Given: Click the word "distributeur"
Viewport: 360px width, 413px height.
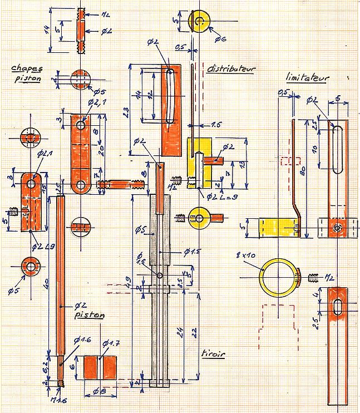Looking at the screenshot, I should tap(231, 70).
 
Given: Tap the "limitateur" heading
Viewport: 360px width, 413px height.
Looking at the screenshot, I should tap(307, 78).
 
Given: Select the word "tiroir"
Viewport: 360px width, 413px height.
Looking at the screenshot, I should tap(213, 353).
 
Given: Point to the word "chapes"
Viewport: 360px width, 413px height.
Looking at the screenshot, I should tap(26, 69).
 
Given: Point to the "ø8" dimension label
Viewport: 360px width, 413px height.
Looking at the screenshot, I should tap(98, 390).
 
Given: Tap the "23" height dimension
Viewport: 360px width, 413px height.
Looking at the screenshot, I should tap(128, 113).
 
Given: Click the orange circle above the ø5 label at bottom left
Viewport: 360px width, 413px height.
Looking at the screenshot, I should tap(28, 267).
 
